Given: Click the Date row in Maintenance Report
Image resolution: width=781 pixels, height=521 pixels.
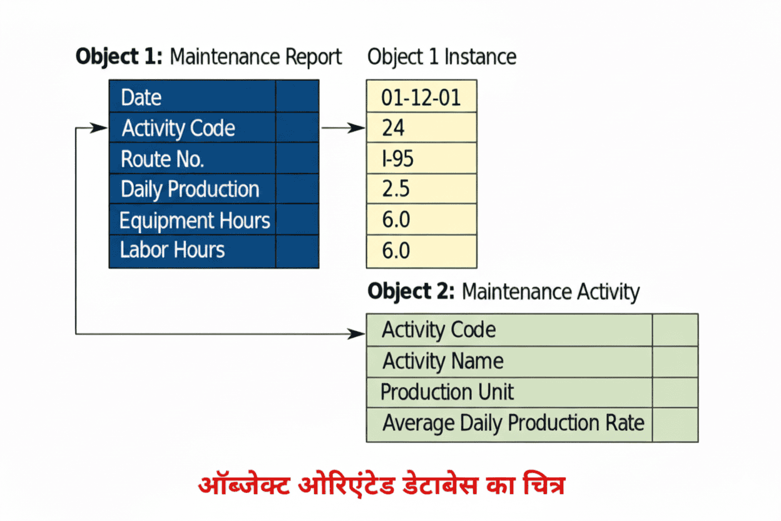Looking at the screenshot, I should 141,98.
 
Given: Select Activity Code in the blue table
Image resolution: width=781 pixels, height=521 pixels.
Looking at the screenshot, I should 178,128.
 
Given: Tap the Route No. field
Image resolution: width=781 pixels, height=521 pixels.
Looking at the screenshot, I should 163,159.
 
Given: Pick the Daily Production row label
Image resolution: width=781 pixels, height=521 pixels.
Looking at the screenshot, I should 190,190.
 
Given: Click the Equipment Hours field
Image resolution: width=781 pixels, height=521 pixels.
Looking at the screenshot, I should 195,220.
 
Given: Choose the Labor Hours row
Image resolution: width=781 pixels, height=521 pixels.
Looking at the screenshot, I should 172,250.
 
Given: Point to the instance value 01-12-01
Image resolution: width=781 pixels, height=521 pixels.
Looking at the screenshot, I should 421,98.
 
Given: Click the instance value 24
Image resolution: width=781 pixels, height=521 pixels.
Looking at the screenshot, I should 393,128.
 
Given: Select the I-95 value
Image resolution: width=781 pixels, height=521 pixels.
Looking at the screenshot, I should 397,159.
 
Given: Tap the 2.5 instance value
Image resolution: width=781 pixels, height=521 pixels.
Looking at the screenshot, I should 396,190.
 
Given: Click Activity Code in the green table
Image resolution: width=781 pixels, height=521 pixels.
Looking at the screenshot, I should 439,330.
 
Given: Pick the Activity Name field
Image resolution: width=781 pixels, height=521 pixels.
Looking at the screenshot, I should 443,361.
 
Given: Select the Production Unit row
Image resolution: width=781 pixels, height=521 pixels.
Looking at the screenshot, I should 447,393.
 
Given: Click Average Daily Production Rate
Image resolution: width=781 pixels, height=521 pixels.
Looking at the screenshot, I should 513,423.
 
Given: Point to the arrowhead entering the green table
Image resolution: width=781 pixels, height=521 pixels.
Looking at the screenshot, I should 359,334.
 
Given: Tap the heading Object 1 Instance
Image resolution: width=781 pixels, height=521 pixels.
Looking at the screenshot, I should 442,57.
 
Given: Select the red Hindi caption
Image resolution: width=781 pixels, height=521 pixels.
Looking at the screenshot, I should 382,485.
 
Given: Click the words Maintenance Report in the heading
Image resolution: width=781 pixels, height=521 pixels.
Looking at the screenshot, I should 256,57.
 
